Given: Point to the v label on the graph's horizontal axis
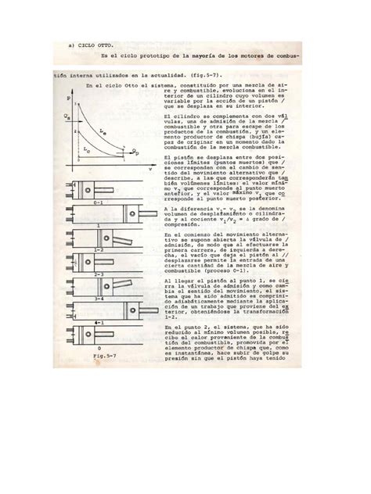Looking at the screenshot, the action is (x=149, y=166).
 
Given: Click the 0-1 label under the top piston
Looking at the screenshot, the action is (x=99, y=202).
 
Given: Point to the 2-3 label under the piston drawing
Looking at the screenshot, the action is (x=99, y=274).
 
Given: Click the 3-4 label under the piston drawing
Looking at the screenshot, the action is (x=99, y=299).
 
